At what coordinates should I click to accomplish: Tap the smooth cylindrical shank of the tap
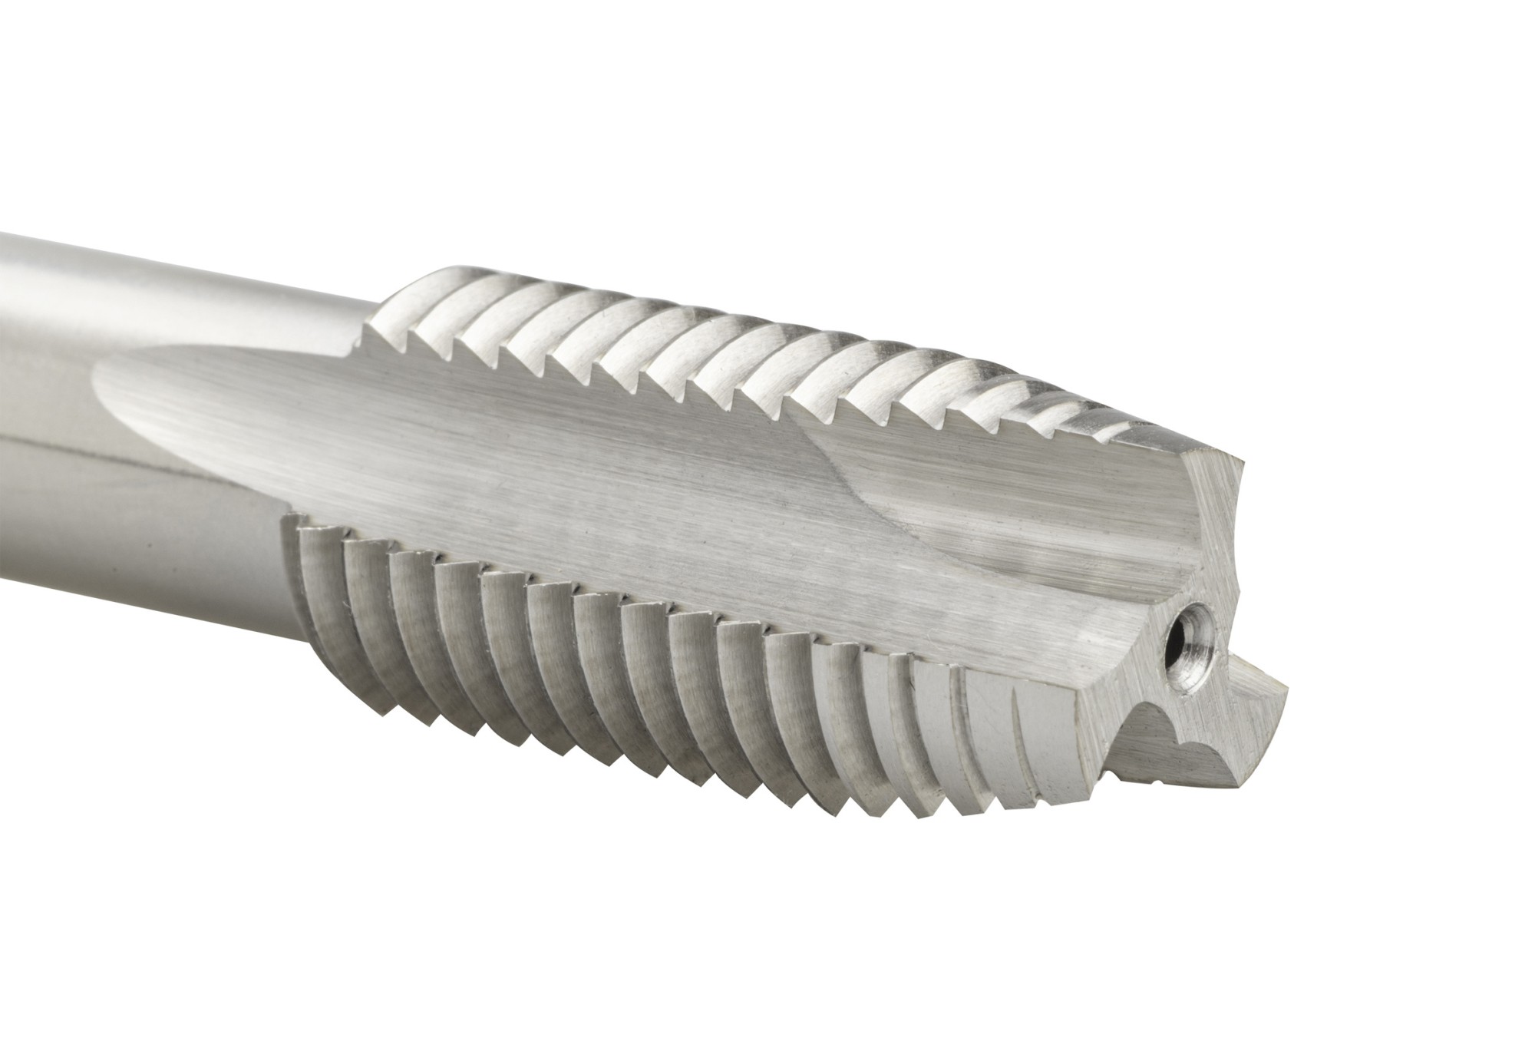153,307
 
